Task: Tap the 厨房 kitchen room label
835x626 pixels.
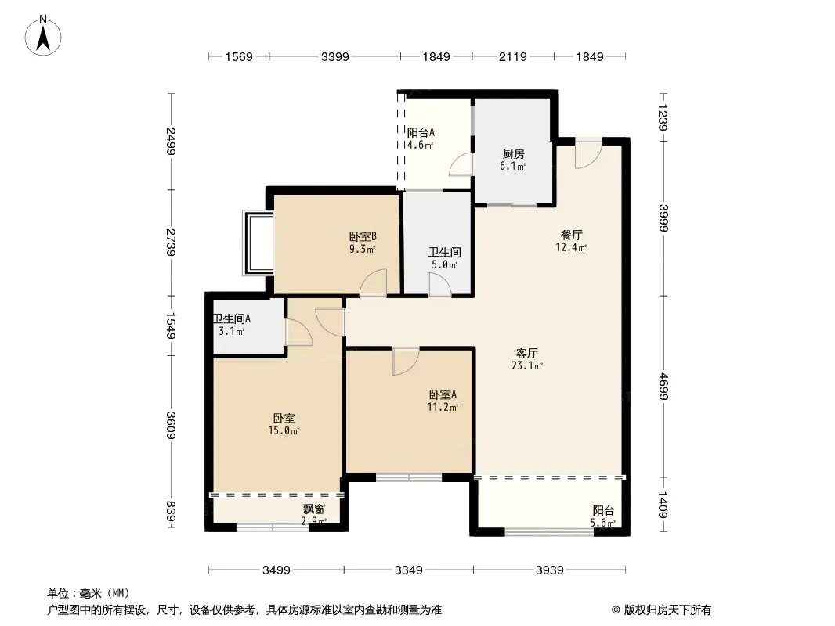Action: point(513,153)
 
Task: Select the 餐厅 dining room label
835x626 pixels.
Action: point(572,235)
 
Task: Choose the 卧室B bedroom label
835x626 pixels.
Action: point(363,236)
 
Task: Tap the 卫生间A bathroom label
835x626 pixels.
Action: point(232,318)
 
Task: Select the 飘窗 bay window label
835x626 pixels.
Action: point(314,509)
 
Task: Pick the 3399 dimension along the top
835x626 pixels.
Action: point(334,56)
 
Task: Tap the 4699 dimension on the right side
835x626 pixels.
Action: point(664,387)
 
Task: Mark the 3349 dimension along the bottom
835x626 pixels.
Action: point(408,570)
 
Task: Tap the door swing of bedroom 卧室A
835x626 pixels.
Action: point(406,361)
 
